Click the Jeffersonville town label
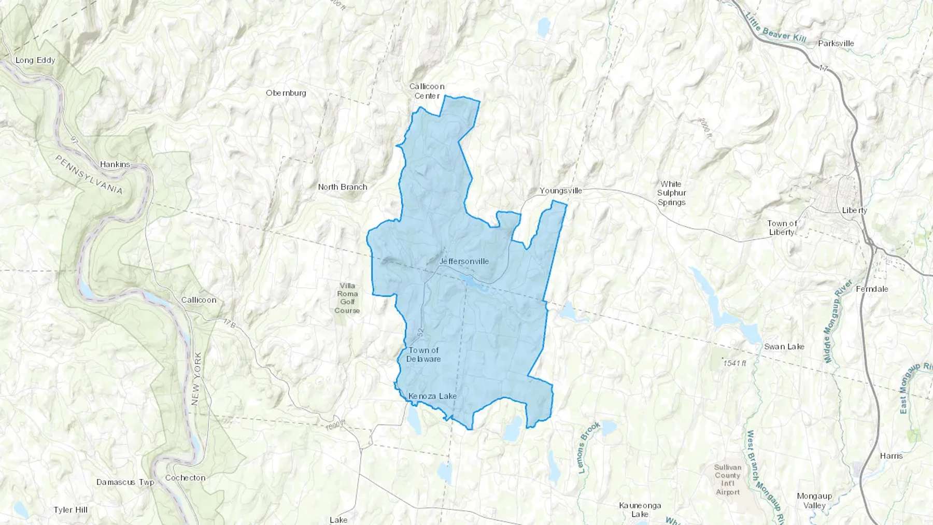pyautogui.click(x=464, y=261)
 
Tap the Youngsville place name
pyautogui.click(x=561, y=191)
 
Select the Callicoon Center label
pyautogui.click(x=427, y=91)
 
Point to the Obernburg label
pyautogui.click(x=286, y=93)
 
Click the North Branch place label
pyautogui.click(x=343, y=187)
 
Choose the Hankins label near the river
pyautogui.click(x=115, y=164)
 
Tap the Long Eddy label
pyautogui.click(x=35, y=60)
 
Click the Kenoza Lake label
pyautogui.click(x=432, y=396)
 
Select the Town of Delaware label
pyautogui.click(x=423, y=354)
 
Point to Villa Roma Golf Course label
pyautogui.click(x=347, y=298)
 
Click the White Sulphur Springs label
pyautogui.click(x=671, y=193)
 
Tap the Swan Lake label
pyautogui.click(x=784, y=347)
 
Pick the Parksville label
pyautogui.click(x=836, y=44)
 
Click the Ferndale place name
pyautogui.click(x=872, y=289)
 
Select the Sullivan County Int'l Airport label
pyautogui.click(x=728, y=479)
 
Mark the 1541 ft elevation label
pyautogui.click(x=734, y=363)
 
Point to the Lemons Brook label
pyautogui.click(x=589, y=447)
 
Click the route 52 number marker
pyautogui.click(x=420, y=331)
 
